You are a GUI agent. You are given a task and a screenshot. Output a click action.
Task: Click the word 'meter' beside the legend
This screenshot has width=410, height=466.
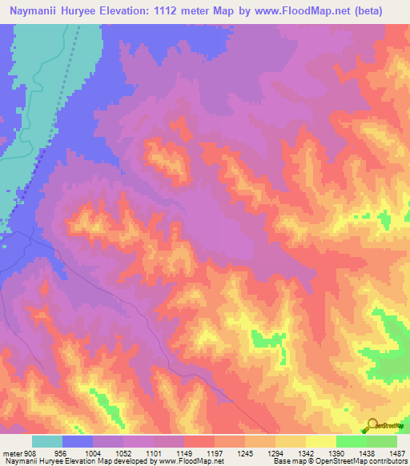tap(12, 452)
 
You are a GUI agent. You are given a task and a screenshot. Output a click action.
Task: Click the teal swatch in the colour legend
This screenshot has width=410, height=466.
tap(47, 441)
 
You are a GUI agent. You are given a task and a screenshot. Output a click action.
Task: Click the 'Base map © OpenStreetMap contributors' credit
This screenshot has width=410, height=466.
tap(339, 461)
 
